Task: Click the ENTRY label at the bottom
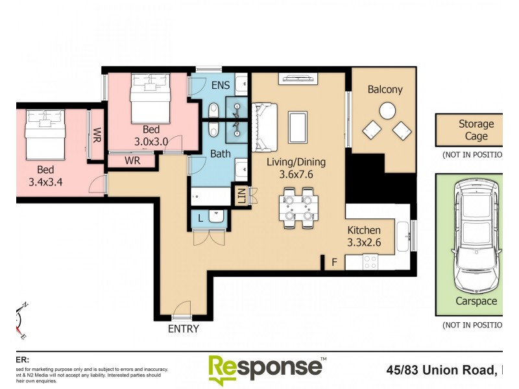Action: [183, 329]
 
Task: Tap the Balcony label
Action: [385, 90]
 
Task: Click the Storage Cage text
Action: [476, 130]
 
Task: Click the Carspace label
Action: [476, 301]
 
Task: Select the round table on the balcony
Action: [387, 111]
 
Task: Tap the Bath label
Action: [221, 154]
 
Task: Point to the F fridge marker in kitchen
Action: [334, 263]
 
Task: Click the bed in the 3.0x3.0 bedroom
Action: [150, 97]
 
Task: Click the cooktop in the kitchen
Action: [370, 262]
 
